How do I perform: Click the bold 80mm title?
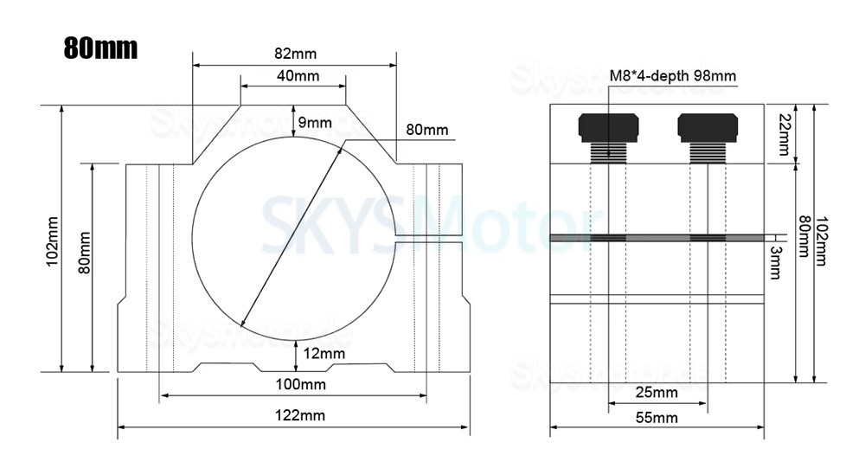[100, 47]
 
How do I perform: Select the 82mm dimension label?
[294, 54]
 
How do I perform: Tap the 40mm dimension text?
[298, 76]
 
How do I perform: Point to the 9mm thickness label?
[315, 123]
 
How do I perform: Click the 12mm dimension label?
[324, 353]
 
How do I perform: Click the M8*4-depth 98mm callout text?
[672, 76]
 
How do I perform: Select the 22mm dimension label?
[784, 134]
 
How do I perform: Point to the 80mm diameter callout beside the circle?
[427, 130]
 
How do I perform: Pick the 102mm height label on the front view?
[52, 240]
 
